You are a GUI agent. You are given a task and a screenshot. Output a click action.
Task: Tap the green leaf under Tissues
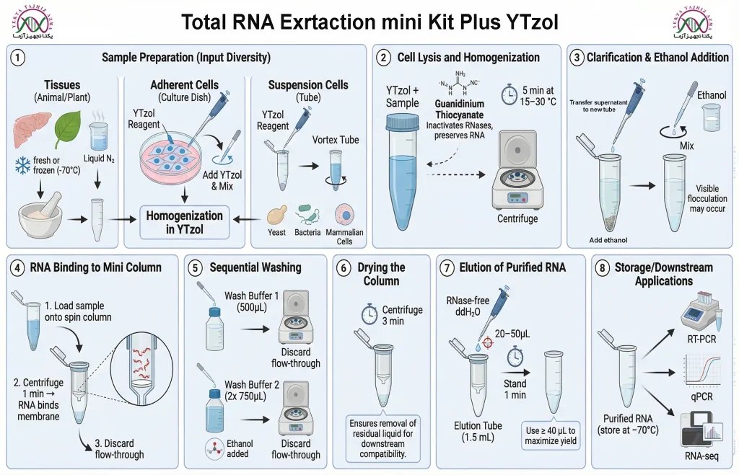(x=69, y=128)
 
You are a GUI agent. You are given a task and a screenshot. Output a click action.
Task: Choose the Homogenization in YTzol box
(x=184, y=223)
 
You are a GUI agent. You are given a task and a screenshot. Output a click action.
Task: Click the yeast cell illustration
(x=277, y=216)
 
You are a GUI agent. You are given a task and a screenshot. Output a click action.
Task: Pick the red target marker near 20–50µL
(x=488, y=342)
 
